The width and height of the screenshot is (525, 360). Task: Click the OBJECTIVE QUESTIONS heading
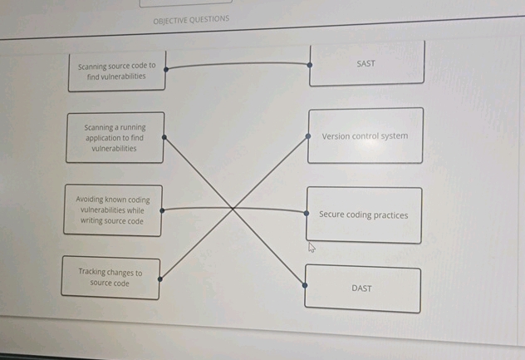pyautogui.click(x=191, y=19)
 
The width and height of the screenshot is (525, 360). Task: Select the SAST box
pyautogui.click(x=366, y=63)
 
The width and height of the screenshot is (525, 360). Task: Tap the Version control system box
pyautogui.click(x=365, y=136)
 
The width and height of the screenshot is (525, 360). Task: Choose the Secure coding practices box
pyautogui.click(x=363, y=215)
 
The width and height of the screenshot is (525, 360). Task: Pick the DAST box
pyautogui.click(x=362, y=288)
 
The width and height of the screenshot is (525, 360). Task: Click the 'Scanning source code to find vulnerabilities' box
pyautogui.click(x=116, y=71)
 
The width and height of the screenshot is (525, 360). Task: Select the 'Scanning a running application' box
pyautogui.click(x=115, y=138)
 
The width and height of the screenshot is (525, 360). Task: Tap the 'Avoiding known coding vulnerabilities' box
pyautogui.click(x=112, y=210)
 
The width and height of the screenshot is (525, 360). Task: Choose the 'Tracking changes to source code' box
pyautogui.click(x=110, y=277)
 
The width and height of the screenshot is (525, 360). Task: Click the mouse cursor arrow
pyautogui.click(x=312, y=246)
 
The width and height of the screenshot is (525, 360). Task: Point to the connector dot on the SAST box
pyautogui.click(x=310, y=63)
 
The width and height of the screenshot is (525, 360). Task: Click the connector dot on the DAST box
pyautogui.click(x=305, y=285)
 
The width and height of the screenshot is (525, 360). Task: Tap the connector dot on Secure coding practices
pyautogui.click(x=307, y=211)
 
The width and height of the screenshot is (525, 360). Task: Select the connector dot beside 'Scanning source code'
pyautogui.click(x=164, y=66)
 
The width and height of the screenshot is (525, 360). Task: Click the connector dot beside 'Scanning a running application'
pyautogui.click(x=164, y=138)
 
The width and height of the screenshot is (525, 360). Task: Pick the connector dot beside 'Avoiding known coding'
pyautogui.click(x=162, y=210)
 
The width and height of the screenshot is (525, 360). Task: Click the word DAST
pyautogui.click(x=362, y=288)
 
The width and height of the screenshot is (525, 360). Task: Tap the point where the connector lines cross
pyautogui.click(x=233, y=209)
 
